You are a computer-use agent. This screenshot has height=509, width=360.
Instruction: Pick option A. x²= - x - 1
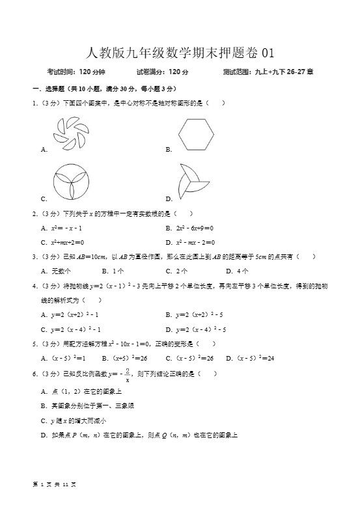tap(62, 228)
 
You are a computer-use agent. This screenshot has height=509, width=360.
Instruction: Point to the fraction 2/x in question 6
tap(128, 376)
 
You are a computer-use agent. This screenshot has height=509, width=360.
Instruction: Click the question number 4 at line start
tap(34, 286)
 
